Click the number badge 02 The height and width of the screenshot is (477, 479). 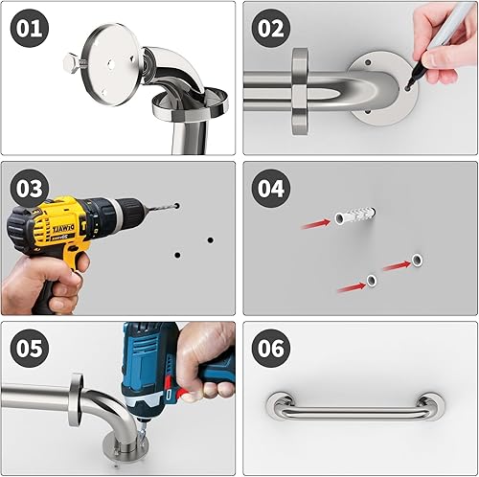[272, 29]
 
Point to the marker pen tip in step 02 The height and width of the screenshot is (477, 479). [410, 87]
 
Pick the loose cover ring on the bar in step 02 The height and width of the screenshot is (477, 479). [299, 91]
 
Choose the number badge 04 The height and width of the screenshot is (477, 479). [272, 188]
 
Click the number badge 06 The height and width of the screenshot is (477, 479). [272, 349]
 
